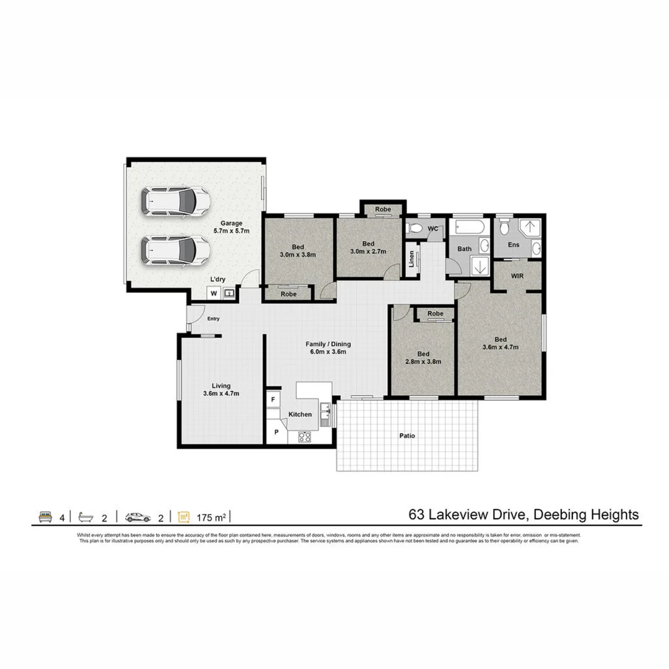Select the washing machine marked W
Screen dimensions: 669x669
coord(214,293)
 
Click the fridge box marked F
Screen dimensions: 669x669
coord(273,400)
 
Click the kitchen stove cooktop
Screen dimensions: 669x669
coord(305,436)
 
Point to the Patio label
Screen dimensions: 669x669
coord(407,436)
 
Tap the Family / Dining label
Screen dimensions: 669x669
coord(328,348)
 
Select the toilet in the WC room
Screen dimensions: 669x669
coord(416,229)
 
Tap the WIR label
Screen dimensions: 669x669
coord(518,276)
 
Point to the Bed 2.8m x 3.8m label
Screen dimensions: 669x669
coord(423,358)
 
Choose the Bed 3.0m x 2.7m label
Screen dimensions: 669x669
coord(369,247)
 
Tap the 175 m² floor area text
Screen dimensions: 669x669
coord(210,517)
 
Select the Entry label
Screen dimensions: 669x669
coord(213,319)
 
